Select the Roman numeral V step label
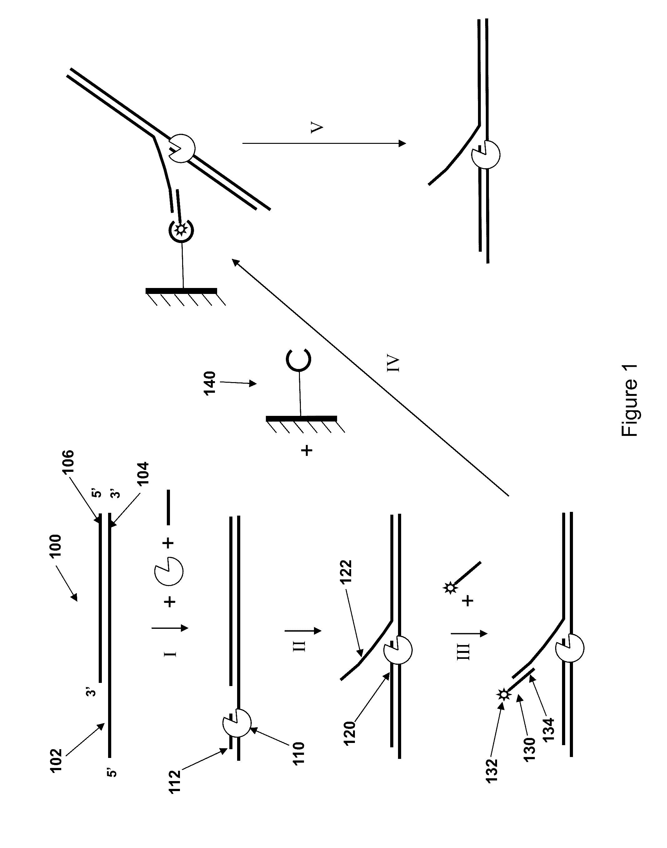pyautogui.click(x=317, y=128)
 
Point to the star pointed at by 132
pyautogui.click(x=503, y=694)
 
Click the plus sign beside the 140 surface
pyautogui.click(x=307, y=451)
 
